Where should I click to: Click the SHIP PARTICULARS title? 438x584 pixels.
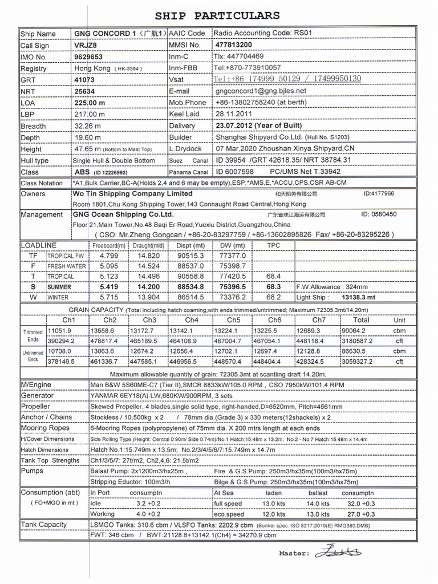[217, 15]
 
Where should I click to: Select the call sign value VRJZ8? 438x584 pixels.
[86, 45]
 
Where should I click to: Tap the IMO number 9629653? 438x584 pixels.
[89, 57]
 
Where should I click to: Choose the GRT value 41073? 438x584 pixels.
[84, 80]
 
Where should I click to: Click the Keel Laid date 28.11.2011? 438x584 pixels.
[235, 114]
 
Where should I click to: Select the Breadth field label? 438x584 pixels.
[33, 126]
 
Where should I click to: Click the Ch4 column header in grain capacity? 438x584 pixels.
[192, 320]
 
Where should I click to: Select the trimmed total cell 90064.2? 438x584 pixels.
[355, 331]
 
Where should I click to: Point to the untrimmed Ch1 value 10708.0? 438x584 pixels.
[60, 351]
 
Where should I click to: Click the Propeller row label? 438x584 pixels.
[35, 406]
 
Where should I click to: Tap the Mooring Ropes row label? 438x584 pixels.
[45, 428]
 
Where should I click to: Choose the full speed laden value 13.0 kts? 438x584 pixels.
[273, 504]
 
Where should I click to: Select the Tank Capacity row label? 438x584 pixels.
[44, 524]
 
